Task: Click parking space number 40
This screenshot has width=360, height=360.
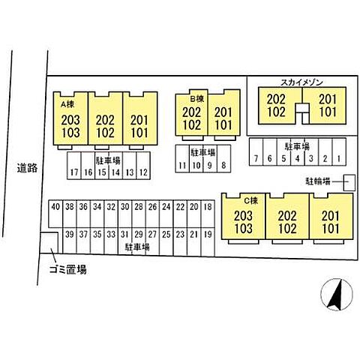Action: pos(55,213)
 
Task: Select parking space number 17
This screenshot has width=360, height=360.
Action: pos(74,166)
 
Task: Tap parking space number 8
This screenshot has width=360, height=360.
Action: pos(223,158)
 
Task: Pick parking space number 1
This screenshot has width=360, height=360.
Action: pos(339,151)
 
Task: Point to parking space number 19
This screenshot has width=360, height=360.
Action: pos(208,242)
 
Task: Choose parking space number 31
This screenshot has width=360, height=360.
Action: pos(124,241)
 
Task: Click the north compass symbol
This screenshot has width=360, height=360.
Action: pos(337,295)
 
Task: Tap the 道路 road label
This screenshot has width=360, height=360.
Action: pos(27,168)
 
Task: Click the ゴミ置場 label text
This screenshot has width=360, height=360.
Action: pos(67,269)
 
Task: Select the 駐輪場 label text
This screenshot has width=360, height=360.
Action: pos(318,181)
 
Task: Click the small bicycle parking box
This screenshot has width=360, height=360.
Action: pos(349,183)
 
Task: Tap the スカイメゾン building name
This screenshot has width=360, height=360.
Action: pos(301,82)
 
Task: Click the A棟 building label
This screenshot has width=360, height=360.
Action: pos(67,104)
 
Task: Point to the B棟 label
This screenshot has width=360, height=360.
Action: pos(197,99)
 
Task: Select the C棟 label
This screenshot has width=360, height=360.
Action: pos(250,200)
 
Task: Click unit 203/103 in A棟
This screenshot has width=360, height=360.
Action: pos(70,118)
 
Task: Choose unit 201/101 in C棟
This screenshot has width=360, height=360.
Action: pos(331,216)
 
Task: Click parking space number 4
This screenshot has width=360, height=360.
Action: pos(298,151)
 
